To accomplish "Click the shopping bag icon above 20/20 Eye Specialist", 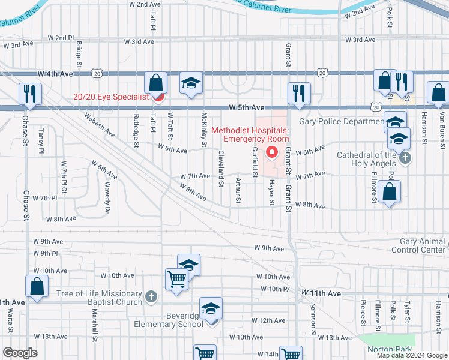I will pos(155,82).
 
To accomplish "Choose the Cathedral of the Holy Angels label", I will pos(366,159).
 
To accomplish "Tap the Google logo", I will pos(20,353).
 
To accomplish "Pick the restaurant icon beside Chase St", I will pos(28,93).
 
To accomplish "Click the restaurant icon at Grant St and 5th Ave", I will pos(298,92).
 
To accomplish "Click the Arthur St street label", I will pos(238,190).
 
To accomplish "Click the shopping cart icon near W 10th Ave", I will pos(176,279).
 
